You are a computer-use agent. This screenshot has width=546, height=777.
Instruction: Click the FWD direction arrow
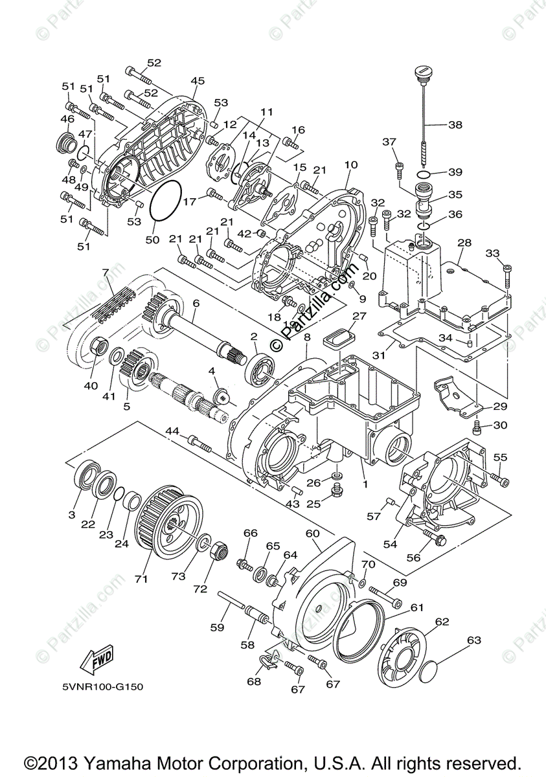tap(96, 660)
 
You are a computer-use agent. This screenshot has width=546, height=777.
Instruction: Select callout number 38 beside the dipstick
tap(455, 125)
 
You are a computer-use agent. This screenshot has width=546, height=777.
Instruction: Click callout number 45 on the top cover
tap(198, 81)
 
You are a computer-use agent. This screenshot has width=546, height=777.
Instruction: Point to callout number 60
tap(313, 533)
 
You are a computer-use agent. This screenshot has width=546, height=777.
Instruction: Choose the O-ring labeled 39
tap(424, 174)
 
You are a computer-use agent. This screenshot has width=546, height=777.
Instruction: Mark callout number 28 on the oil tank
tap(464, 242)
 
